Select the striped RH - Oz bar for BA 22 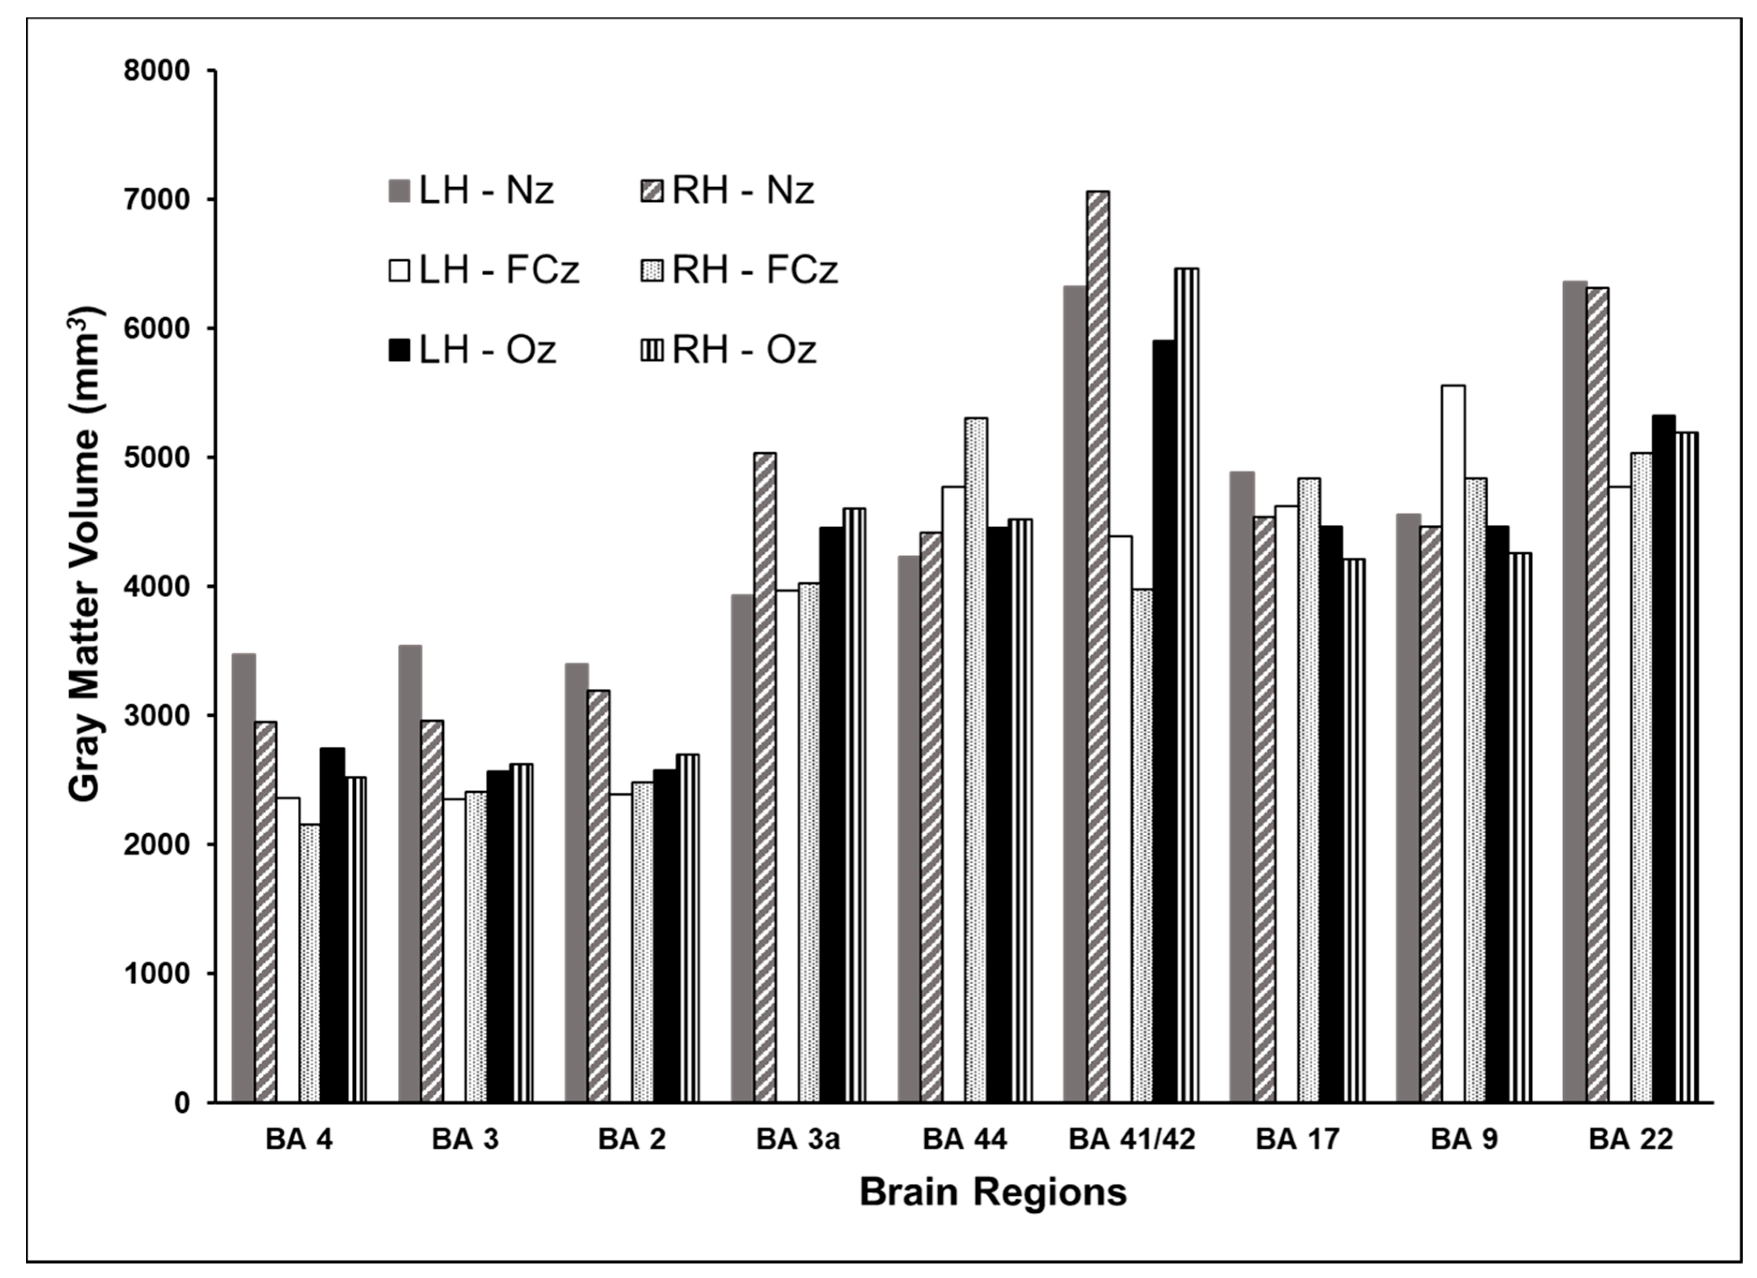click(x=1686, y=767)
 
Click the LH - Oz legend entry click(x=472, y=350)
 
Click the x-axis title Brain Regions click(x=992, y=1192)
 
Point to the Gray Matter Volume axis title click(x=86, y=554)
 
